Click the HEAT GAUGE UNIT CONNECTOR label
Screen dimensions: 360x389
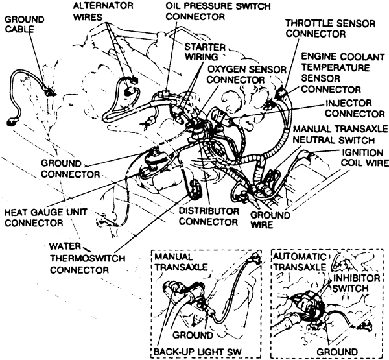click(41, 217)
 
